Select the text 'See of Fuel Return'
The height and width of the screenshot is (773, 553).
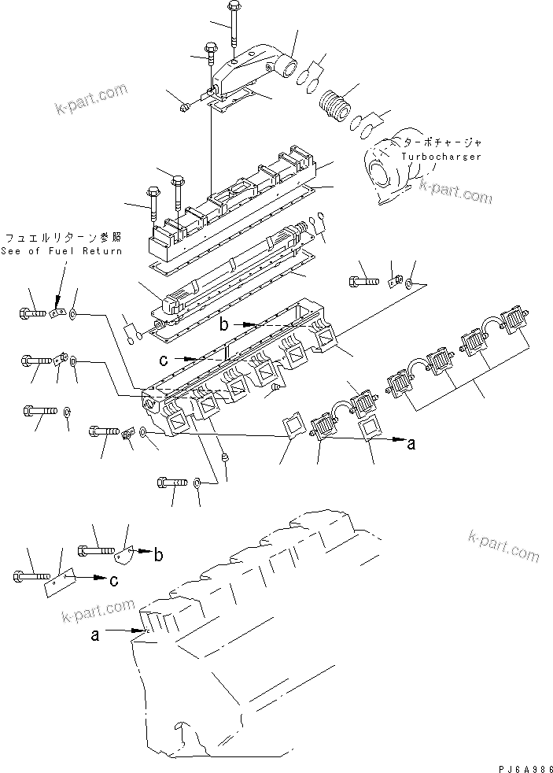pyautogui.click(x=62, y=250)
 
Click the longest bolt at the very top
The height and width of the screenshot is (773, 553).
pyautogui.click(x=233, y=24)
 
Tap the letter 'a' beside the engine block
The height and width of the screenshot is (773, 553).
pyautogui.click(x=95, y=636)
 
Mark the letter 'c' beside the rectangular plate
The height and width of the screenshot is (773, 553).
pyautogui.click(x=114, y=581)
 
